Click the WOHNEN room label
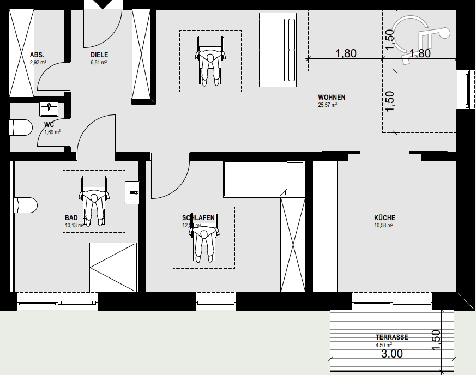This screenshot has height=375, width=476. pos(332,98)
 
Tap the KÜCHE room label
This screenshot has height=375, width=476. pos(384,217)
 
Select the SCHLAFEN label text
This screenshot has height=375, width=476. pos(198,217)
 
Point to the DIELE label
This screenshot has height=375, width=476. pos(99,55)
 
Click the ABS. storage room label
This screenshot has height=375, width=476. pos(37,55)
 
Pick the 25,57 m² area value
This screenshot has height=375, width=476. pos(328,105)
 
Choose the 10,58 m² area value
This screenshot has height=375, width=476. pos(384,225)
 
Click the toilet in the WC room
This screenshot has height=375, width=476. pos(21,128)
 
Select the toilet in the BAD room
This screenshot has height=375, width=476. pos(26,204)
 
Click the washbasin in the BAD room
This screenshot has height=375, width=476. pos(132,192)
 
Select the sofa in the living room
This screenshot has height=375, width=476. pos(278,52)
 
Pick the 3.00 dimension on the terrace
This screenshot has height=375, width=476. pos(391,354)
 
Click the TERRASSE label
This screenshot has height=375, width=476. pos(391,337)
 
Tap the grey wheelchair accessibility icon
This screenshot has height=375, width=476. pos(420,35)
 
